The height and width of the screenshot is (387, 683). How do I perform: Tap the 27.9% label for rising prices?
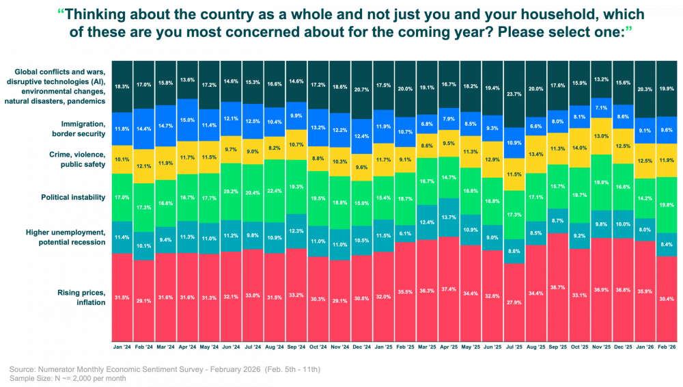coord(514,302)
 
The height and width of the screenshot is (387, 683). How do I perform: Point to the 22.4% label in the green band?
coord(275,191)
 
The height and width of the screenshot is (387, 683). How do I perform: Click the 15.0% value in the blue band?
coord(186,120)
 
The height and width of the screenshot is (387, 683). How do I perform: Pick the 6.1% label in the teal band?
coord(406,233)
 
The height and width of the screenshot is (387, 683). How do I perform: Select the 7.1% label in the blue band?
coord(600,107)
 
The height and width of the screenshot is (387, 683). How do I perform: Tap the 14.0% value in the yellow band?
coord(579,148)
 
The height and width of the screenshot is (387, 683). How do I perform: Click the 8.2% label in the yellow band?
coord(275,148)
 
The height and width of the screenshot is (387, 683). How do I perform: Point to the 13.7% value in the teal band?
coord(449,217)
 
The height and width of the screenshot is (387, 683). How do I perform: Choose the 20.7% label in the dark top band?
coord(361,90)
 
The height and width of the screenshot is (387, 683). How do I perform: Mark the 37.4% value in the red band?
coord(449,289)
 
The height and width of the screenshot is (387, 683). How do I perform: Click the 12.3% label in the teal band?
coord(296,230)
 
